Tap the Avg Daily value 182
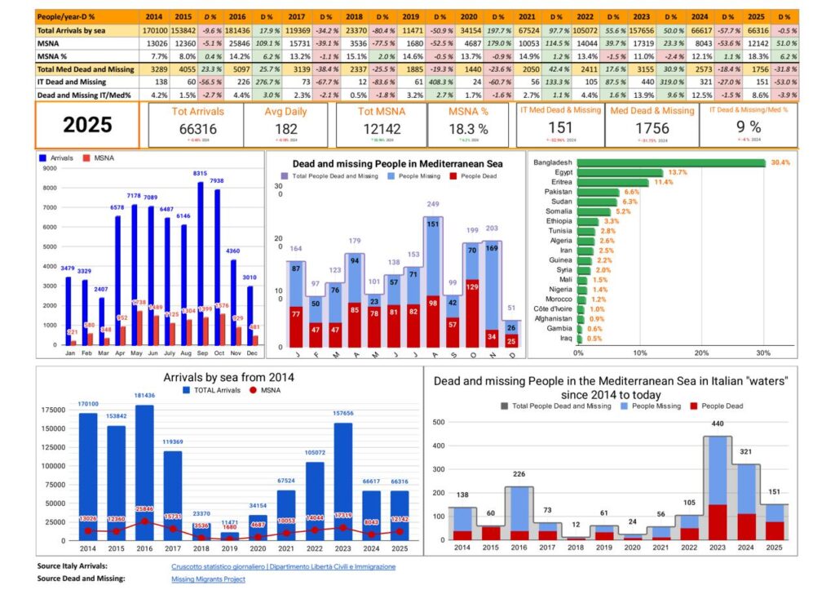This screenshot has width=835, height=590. pyautogui.click(x=286, y=129)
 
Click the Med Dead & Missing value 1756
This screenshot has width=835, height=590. pyautogui.click(x=652, y=129)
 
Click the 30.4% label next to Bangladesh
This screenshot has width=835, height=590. pyautogui.click(x=780, y=162)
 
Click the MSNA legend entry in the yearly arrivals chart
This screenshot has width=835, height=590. pyautogui.click(x=269, y=391)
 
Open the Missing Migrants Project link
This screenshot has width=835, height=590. pyautogui.click(x=208, y=579)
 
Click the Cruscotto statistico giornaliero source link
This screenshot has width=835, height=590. pyautogui.click(x=283, y=566)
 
